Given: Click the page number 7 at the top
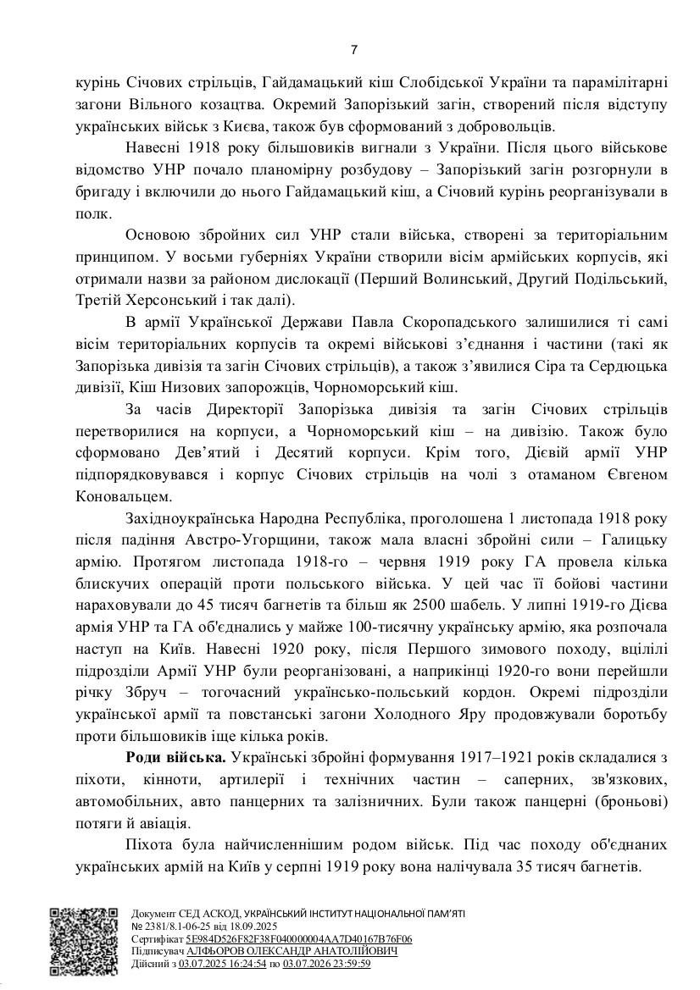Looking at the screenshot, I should tap(353, 50).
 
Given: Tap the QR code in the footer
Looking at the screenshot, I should tap(83, 940).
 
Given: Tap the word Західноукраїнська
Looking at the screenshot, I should tap(190, 518).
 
